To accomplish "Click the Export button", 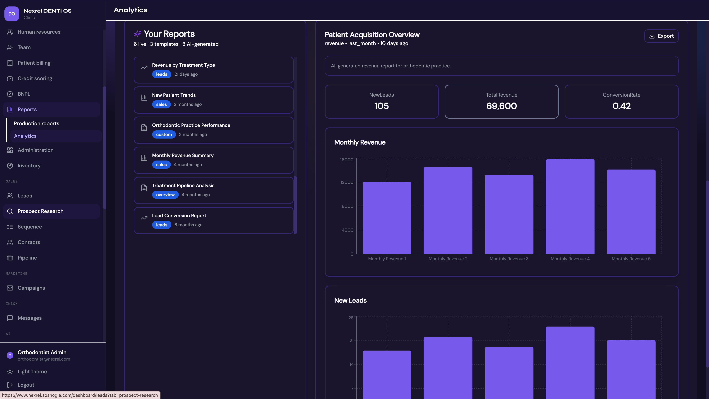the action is pos(661,36).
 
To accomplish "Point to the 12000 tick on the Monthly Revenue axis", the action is pos(347,182).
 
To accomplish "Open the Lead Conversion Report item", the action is pos(214,220).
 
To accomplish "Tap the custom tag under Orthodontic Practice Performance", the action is pos(164,134).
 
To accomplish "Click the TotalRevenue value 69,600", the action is pos(501,106).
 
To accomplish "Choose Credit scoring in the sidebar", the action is pos(35,79).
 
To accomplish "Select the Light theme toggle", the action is pos(32,371).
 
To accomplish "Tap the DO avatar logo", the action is pos(12,14).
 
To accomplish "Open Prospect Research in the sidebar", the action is pos(40,211).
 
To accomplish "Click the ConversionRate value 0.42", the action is pos(621,106).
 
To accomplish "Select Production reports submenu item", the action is pos(37,123).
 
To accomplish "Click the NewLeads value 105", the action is pos(381,106).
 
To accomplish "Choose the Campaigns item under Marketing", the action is pos(31,288).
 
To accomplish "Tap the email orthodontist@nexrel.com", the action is pos(44,359).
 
